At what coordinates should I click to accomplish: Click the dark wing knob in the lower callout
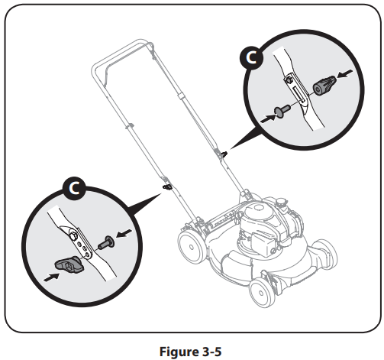pyautogui.click(x=69, y=265)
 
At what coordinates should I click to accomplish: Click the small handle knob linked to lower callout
pyautogui.click(x=166, y=185)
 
